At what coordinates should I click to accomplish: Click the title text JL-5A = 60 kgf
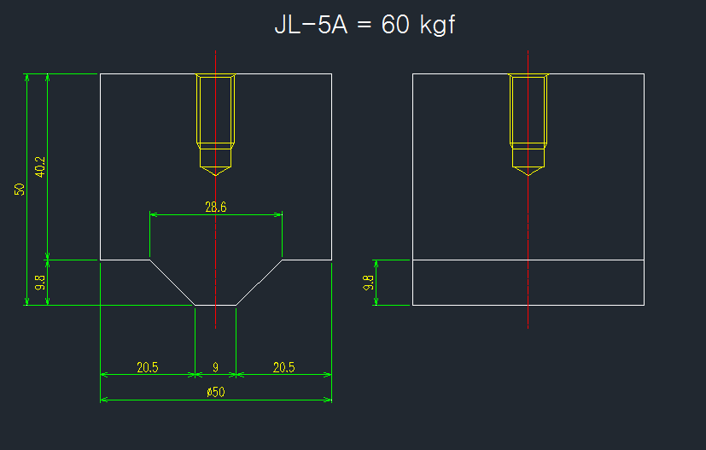(365, 25)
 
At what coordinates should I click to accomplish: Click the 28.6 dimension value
(216, 207)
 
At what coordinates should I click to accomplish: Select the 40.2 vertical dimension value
(40, 167)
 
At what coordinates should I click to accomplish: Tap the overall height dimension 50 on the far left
(20, 190)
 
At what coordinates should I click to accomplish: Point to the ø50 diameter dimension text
(216, 392)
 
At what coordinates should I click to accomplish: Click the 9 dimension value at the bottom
(216, 367)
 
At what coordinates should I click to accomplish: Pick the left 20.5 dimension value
(148, 367)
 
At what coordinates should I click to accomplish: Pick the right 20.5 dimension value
(283, 367)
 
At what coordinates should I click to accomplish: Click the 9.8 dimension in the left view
(40, 283)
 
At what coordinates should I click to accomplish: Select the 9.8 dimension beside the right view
(368, 283)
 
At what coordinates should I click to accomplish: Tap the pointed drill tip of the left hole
(216, 175)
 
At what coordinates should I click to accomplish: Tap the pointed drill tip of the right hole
(528, 175)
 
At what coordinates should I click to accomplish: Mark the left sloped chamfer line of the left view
(172, 283)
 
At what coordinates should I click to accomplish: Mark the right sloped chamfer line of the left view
(259, 283)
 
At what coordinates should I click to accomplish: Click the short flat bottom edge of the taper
(216, 306)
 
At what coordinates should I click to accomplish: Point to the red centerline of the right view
(528, 190)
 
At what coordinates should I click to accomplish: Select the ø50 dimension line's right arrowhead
(327, 400)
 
